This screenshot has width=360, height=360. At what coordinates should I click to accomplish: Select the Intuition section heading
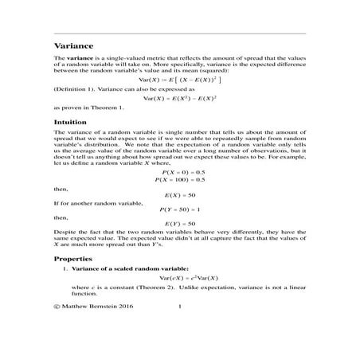(x=72, y=122)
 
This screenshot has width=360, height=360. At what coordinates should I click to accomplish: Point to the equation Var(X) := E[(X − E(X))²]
(x=179, y=80)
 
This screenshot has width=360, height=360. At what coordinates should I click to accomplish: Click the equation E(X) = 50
(x=180, y=195)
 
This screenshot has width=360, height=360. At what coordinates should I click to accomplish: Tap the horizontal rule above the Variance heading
(x=179, y=33)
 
